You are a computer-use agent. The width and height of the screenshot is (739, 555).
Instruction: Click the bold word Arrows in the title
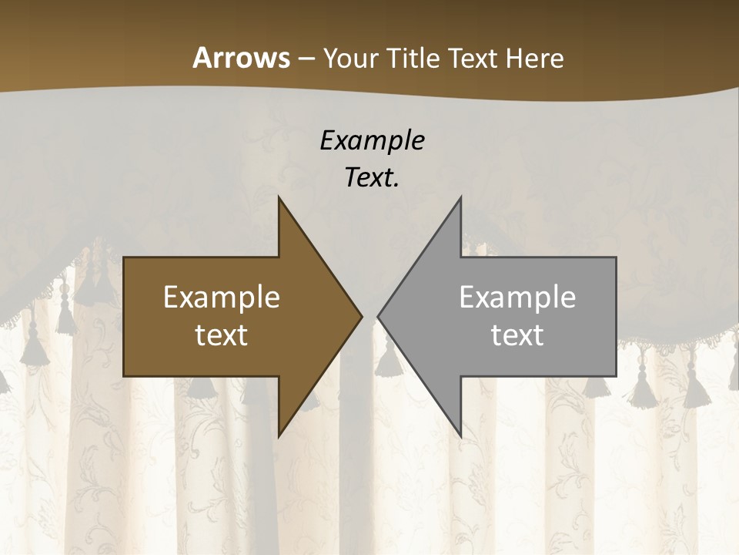241,58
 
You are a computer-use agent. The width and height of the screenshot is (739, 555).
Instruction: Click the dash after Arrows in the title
306,59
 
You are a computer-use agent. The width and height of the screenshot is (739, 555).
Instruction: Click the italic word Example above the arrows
372,140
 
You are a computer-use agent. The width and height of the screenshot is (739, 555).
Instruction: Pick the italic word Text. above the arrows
372,177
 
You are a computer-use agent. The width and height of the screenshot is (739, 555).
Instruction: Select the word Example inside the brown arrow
222,297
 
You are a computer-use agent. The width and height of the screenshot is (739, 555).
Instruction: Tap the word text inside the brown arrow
222,335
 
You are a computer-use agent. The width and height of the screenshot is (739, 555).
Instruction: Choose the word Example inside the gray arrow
517,297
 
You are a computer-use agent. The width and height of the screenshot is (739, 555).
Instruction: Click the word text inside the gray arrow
517,335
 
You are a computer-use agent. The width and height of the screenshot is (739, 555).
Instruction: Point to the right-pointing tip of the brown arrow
362,316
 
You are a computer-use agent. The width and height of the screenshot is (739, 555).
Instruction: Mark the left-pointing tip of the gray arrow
378,316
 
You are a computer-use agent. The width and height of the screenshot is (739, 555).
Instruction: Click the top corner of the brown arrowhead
279,197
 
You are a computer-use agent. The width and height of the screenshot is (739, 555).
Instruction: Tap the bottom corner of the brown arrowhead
279,436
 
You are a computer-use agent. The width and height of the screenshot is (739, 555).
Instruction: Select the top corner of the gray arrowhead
460,197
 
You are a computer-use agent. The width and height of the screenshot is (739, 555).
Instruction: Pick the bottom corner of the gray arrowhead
460,436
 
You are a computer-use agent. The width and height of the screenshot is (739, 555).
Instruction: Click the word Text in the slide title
474,58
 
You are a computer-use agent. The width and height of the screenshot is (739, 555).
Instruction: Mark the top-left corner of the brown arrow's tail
124,258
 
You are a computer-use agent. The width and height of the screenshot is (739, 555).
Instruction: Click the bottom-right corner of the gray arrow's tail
616,375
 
